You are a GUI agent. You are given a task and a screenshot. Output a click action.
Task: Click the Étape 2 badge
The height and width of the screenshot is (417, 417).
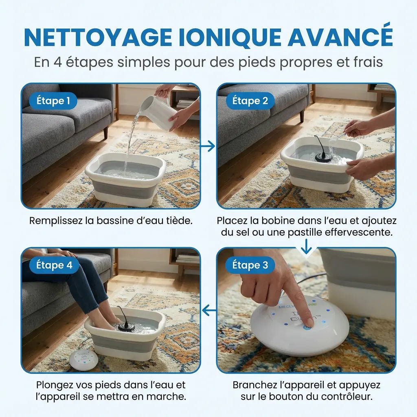tap(250, 101)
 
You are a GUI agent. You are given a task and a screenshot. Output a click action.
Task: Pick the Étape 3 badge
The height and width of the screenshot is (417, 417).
tap(250, 266)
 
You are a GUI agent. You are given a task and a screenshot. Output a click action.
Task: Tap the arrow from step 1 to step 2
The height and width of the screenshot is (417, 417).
tap(208, 145)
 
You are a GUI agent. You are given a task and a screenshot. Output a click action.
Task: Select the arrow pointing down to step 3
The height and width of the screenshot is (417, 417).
tap(306, 246)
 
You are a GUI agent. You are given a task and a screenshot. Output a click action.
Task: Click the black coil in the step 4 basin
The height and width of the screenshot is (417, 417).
tap(126, 325)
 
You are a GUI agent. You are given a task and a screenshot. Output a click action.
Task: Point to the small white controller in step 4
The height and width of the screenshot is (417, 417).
tap(83, 359)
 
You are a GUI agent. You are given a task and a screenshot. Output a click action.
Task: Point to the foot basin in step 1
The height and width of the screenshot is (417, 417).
tap(125, 179)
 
